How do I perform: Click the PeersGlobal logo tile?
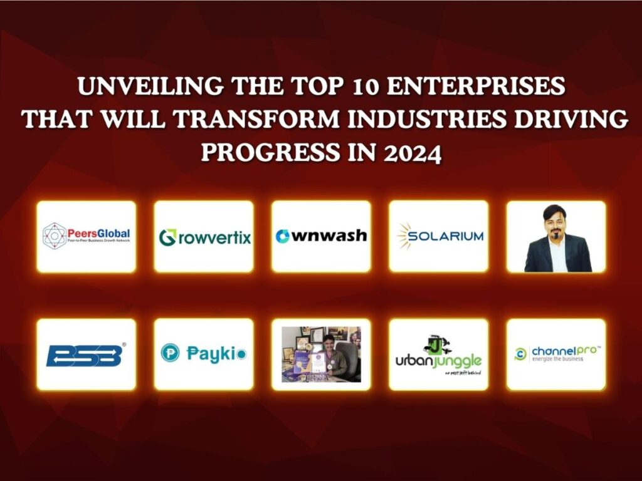point(86,236)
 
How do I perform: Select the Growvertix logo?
point(204,237)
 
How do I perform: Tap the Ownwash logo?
point(321,236)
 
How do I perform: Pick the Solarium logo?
point(439,236)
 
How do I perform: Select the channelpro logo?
point(555,354)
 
